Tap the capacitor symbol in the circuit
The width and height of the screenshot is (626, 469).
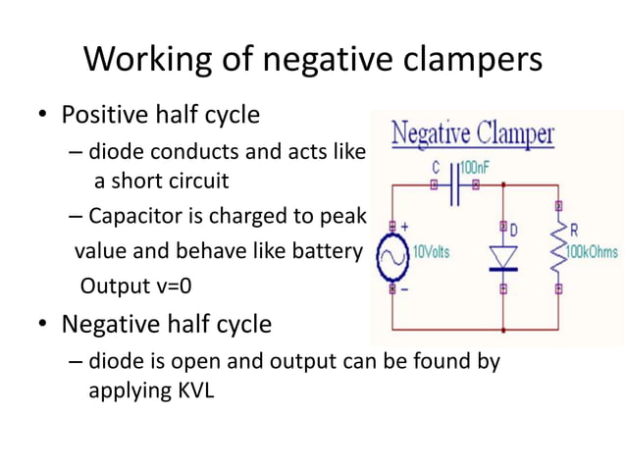coord(455,183)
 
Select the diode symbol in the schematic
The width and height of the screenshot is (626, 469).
coord(503,258)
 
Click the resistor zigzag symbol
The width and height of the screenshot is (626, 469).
coord(559,250)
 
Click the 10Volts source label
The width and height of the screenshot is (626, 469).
coord(431,251)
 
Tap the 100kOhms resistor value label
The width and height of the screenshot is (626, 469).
coord(592,251)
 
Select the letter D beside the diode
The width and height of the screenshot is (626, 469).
coord(514,230)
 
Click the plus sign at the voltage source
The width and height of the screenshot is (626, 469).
coord(402,227)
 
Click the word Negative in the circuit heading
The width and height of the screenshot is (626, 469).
coord(431,133)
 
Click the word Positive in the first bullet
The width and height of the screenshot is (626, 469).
coord(101,115)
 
